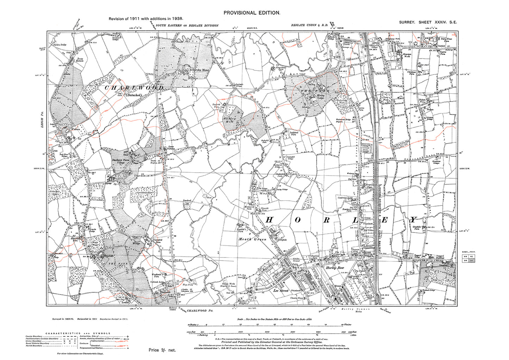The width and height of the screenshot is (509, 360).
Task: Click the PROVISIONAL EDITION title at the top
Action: pos(252,13)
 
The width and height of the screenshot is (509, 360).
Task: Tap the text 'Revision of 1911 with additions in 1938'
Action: pos(145,19)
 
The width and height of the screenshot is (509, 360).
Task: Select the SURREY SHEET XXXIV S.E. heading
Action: pos(428,22)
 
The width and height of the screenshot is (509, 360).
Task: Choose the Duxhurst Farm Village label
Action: pos(121,161)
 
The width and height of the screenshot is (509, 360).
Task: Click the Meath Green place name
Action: pos(252,239)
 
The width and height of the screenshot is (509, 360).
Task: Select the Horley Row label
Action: pos(335,268)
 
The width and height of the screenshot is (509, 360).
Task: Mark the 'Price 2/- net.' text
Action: pos(162,350)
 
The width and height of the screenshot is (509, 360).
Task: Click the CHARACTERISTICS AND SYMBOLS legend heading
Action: pos(78,333)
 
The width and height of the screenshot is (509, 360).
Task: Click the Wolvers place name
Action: pos(76,129)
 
